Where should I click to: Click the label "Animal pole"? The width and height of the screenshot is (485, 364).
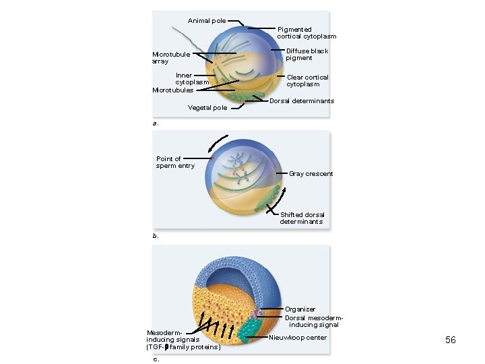tap(207, 21)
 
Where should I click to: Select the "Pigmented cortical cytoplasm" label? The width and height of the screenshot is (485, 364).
tap(306, 33)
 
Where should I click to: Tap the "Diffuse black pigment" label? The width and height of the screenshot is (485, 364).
tap(307, 55)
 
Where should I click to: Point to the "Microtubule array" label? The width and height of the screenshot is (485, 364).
tap(171, 58)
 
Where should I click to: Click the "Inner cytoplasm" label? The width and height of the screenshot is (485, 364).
tap(193, 79)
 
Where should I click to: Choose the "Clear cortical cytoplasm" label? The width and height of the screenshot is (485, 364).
tap(307, 81)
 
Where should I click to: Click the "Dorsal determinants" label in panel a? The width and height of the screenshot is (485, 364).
tap(302, 101)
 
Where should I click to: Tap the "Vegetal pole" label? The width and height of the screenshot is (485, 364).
tap(207, 108)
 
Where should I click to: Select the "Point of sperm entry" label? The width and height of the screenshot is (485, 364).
tap(175, 162)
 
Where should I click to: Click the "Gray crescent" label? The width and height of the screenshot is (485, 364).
tap(311, 174)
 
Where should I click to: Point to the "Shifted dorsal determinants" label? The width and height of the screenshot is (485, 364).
tap(302, 218)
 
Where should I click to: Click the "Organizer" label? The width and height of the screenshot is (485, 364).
tap(300, 309)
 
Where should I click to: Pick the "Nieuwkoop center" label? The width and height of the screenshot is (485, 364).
tap(297, 337)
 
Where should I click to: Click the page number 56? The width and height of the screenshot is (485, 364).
tap(451, 340)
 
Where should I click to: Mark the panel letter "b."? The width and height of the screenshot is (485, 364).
tap(156, 236)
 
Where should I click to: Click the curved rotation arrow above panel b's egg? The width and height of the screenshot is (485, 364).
tap(218, 143)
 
